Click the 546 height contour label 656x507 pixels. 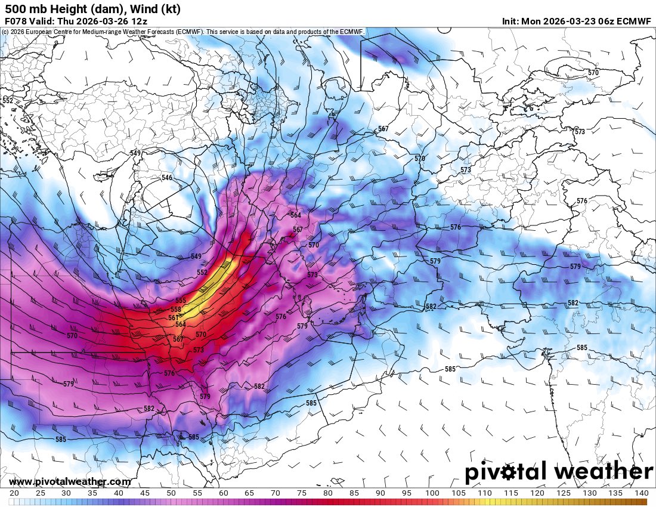[167, 178]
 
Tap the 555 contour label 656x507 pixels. [181, 301]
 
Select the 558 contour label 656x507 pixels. [176, 310]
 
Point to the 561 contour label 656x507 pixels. [173, 317]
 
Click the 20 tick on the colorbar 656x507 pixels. [14, 493]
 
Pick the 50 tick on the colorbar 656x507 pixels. [171, 493]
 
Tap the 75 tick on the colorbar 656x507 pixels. [302, 493]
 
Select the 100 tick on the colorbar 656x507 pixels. [433, 493]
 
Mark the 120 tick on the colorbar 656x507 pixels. [537, 493]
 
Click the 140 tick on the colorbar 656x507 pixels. [642, 493]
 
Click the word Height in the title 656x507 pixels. [54, 9]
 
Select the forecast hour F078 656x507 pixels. [16, 21]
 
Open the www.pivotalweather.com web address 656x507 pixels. [70, 481]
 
